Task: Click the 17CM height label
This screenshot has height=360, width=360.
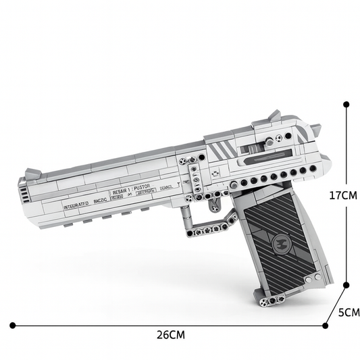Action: pyautogui.click(x=342, y=195)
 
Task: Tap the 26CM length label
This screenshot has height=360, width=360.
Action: pyautogui.click(x=170, y=334)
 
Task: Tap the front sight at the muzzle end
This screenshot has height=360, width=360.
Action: pyautogui.click(x=31, y=174)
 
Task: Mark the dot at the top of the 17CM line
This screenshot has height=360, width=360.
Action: pyautogui.click(x=346, y=105)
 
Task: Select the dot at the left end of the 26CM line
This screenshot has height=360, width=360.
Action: pyautogui.click(x=11, y=325)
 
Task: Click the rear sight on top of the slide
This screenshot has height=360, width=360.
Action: pyautogui.click(x=274, y=117)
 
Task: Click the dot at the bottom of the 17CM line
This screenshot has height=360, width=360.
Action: pyautogui.click(x=346, y=285)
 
